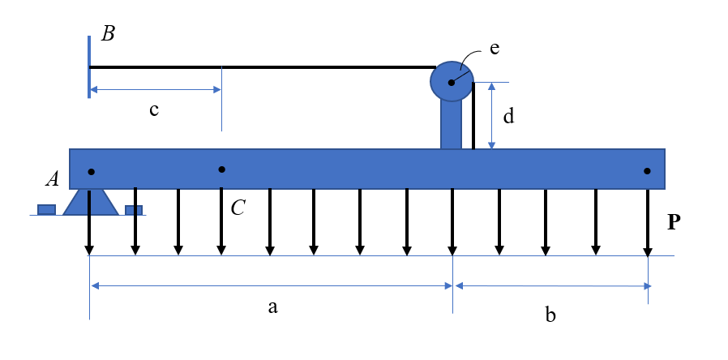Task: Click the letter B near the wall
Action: [108, 34]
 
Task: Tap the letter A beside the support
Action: [52, 178]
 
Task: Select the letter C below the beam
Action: [238, 208]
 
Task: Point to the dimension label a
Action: [272, 306]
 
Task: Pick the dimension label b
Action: [550, 315]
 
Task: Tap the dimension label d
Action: [508, 116]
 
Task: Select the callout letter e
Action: [494, 48]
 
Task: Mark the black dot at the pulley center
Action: [452, 82]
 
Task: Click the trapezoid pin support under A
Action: [90, 202]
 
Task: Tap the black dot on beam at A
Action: [91, 171]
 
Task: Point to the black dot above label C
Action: [221, 169]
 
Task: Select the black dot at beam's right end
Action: [647, 170]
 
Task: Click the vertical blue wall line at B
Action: [89, 66]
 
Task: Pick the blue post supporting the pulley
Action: [451, 124]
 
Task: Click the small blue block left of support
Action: [47, 209]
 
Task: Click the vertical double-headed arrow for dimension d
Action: [491, 115]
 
